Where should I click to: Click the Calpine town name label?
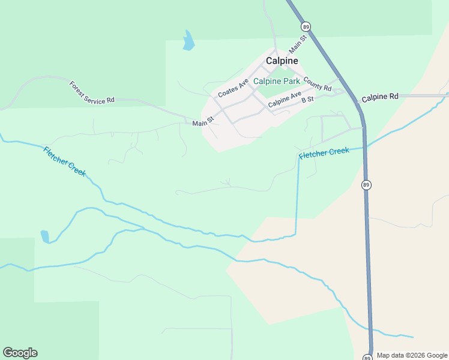pyautogui.click(x=282, y=61)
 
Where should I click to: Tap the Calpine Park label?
pyautogui.click(x=276, y=81)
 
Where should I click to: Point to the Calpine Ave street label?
pyautogui.click(x=285, y=100)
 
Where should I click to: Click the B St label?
pyautogui.click(x=307, y=99)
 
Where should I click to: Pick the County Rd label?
pyautogui.click(x=318, y=84)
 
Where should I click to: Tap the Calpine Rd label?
pyautogui.click(x=380, y=97)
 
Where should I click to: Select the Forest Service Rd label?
pyautogui.click(x=91, y=92)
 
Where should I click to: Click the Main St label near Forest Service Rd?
pyautogui.click(x=203, y=123)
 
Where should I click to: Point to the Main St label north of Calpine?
pyautogui.click(x=298, y=44)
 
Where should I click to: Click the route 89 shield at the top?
pyautogui.click(x=306, y=27)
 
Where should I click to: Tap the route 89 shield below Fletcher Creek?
pyautogui.click(x=366, y=185)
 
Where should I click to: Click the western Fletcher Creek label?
pyautogui.click(x=65, y=161)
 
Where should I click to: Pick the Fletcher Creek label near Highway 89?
pyautogui.click(x=324, y=153)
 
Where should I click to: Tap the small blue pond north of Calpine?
pyautogui.click(x=189, y=41)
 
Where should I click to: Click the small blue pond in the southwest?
pyautogui.click(x=45, y=236)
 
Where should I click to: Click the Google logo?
pyautogui.click(x=20, y=353)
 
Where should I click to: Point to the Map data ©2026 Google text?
pyautogui.click(x=412, y=355)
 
